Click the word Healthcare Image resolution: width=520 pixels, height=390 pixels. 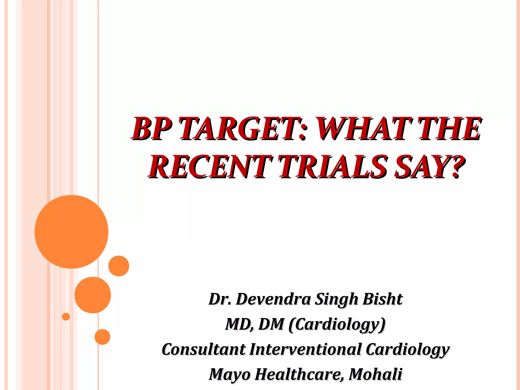pyautogui.click(x=299, y=374)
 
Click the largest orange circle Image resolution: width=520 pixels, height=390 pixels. pyautogui.click(x=71, y=232)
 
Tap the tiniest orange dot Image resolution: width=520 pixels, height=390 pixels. pyautogui.click(x=66, y=317)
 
